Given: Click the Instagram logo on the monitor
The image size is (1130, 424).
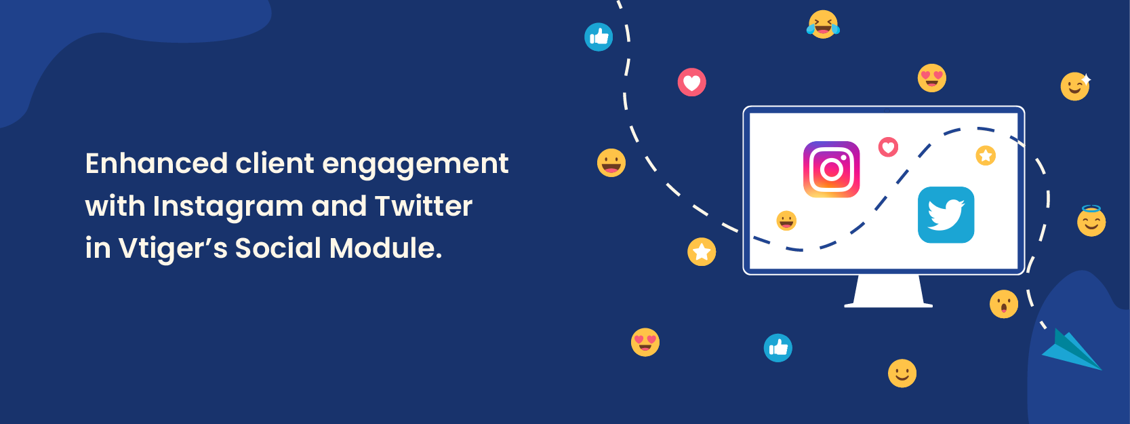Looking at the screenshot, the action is pyautogui.click(x=831, y=170).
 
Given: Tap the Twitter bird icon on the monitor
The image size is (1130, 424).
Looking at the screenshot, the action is pyautogui.click(x=946, y=215).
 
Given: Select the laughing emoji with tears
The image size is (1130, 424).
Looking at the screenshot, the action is pyautogui.click(x=824, y=24).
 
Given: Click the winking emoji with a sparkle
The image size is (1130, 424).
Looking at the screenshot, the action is pyautogui.click(x=1076, y=86).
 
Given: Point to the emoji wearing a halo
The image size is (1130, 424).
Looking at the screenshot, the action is pyautogui.click(x=1091, y=221).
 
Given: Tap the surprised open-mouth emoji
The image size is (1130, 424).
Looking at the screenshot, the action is pyautogui.click(x=1004, y=305).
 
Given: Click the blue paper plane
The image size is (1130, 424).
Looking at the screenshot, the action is pyautogui.click(x=1072, y=350).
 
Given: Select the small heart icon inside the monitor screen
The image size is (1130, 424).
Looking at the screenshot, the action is pyautogui.click(x=889, y=147).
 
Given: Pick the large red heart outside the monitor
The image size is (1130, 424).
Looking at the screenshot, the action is pyautogui.click(x=691, y=82).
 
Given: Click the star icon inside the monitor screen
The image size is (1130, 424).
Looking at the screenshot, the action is pyautogui.click(x=986, y=155).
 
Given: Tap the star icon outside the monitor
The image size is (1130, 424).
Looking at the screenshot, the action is pyautogui.click(x=702, y=252).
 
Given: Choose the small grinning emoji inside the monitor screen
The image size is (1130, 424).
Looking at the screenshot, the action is pyautogui.click(x=786, y=220).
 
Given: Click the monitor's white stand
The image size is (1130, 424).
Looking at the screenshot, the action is pyautogui.click(x=889, y=291).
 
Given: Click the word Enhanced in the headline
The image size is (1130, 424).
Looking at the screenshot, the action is pyautogui.click(x=157, y=163).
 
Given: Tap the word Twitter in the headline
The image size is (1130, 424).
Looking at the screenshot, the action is pyautogui.click(x=424, y=206).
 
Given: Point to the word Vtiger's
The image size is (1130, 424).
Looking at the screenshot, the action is pyautogui.click(x=173, y=248).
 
